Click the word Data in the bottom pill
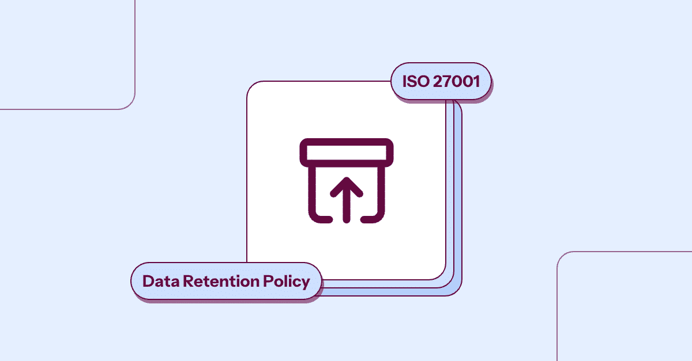click(x=161, y=282)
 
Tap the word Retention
click(x=221, y=282)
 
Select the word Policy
click(x=287, y=282)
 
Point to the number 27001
click(x=456, y=81)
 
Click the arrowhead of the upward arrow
click(x=347, y=187)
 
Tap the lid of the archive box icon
click(x=347, y=153)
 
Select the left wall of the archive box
click(x=312, y=191)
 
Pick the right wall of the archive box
click(x=381, y=191)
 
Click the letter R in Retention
click(x=189, y=281)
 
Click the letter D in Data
click(x=148, y=281)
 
